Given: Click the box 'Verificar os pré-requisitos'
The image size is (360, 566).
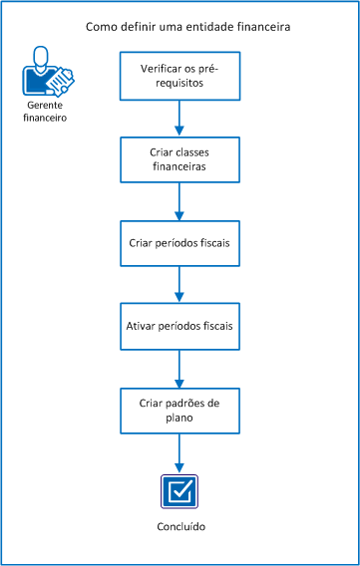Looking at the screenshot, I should coord(180,76).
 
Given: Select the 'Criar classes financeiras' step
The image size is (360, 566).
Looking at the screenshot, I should coord(180,159).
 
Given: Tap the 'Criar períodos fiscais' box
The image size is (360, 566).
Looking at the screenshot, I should coord(180,242).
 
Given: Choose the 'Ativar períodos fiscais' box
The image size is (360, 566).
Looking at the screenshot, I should coord(180,326).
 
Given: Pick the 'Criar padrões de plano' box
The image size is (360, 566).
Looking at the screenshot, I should coord(180,411).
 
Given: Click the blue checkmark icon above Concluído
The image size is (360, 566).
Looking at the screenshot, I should coord(180,492).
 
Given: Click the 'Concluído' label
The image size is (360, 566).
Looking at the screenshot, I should coord(180,526).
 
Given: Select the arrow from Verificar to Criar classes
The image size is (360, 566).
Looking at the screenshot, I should coord(180,118).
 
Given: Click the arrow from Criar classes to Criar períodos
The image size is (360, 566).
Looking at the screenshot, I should coord(180,201).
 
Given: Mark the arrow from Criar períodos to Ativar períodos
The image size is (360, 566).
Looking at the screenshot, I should coord(180,285).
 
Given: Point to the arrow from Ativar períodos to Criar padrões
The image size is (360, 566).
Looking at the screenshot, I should coord(180,369).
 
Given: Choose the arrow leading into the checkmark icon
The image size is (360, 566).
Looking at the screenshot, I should coord(180,453).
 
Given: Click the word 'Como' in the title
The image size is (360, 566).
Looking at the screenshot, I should coord(102,27).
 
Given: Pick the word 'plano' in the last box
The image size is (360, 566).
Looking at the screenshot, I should coord(180,419).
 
